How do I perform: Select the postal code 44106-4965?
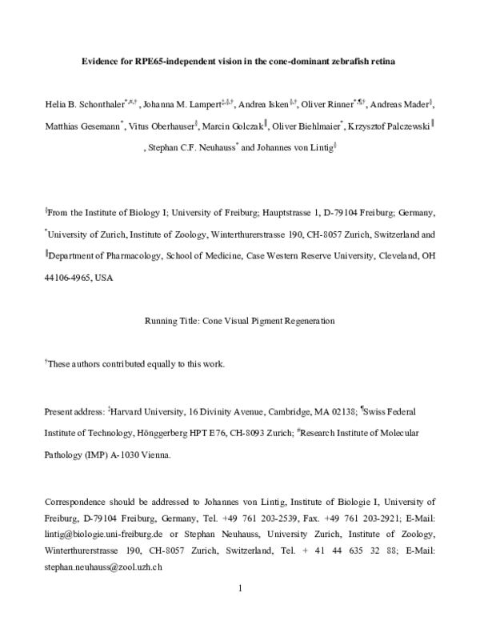(67, 277)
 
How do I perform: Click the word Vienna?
(150, 453)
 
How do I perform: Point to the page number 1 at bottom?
(240, 588)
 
